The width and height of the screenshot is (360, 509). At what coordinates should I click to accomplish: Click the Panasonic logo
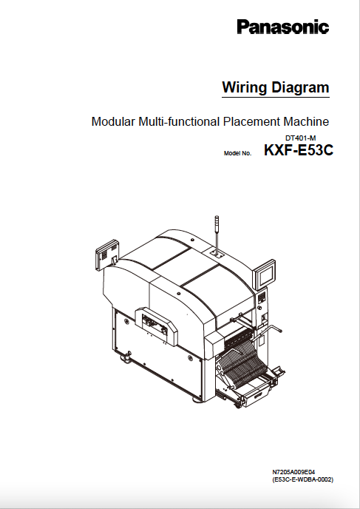tap(283, 27)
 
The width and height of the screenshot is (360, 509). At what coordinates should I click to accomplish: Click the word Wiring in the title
tap(245, 87)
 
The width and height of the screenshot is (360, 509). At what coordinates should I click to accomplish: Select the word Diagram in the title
tap(300, 87)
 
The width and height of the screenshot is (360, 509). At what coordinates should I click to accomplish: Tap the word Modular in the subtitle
tap(113, 122)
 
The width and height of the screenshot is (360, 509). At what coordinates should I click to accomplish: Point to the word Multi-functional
tap(179, 122)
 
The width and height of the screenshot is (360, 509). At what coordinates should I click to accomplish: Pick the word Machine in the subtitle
tap(306, 122)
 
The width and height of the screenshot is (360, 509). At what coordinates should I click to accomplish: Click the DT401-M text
tap(300, 138)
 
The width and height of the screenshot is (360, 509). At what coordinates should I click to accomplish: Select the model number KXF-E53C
tap(299, 150)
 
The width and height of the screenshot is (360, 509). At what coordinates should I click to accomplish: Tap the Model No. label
tap(237, 153)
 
